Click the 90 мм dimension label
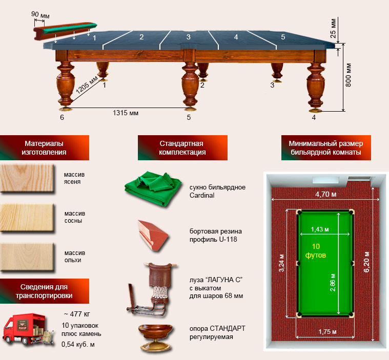pyautogui.click(x=40, y=15)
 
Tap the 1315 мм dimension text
pyautogui.click(x=126, y=113)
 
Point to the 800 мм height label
pyautogui.click(x=349, y=75)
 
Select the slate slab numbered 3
pyautogui.click(x=189, y=40)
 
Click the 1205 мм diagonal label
pyautogui.click(x=87, y=85)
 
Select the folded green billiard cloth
pyautogui.click(x=153, y=188)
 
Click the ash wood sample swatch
pyautogui.click(x=27, y=178)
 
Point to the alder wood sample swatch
pyautogui.click(x=27, y=257)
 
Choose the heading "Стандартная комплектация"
pyautogui.click(x=182, y=148)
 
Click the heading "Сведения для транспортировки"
pyautogui.click(x=44, y=291)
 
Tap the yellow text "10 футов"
pyautogui.click(x=316, y=250)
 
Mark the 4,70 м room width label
pyautogui.click(x=326, y=194)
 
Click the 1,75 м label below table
pyautogui.click(x=327, y=331)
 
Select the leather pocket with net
pyautogui.click(x=153, y=289)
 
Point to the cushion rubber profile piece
pyautogui.click(x=153, y=235)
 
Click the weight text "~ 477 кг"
pyautogui.click(x=77, y=314)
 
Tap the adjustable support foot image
pyautogui.click(x=155, y=337)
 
